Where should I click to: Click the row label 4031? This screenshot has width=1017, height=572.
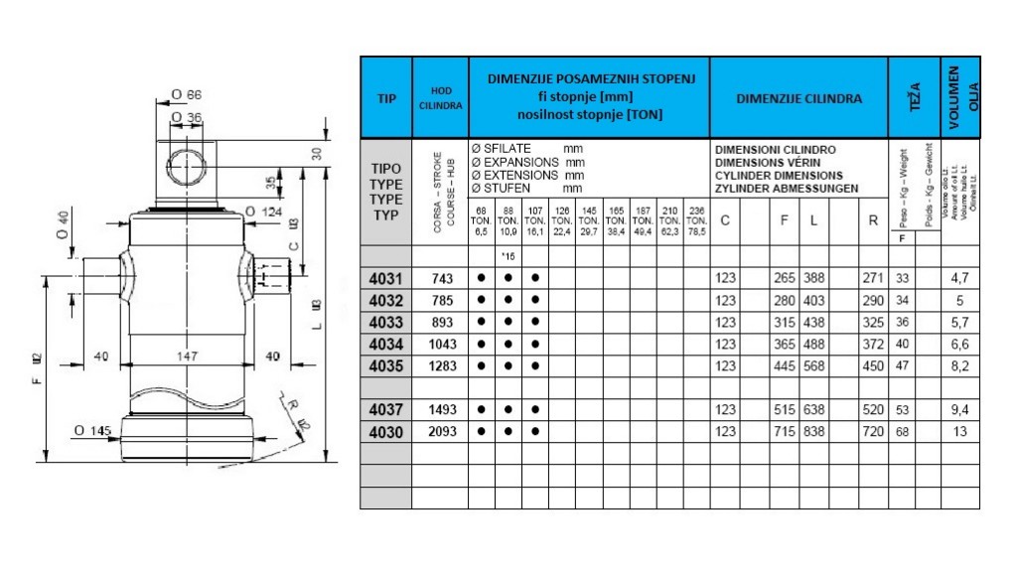point(385,279)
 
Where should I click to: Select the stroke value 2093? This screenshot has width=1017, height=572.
point(439,432)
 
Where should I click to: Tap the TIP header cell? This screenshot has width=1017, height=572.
point(385,99)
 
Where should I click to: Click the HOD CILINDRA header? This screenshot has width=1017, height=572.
point(439,98)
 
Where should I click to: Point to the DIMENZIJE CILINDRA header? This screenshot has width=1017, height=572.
point(799,99)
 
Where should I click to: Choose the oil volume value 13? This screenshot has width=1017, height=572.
point(960,432)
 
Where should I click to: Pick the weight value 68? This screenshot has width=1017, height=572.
point(903,432)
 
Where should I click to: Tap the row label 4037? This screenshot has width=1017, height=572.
point(385,409)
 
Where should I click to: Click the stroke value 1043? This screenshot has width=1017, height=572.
point(439,344)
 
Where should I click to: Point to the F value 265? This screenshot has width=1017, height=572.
point(784,279)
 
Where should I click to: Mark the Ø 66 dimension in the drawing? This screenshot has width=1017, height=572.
point(186,95)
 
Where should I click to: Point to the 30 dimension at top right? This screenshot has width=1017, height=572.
point(318,153)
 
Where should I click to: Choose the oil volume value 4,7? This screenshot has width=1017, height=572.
point(960,279)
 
